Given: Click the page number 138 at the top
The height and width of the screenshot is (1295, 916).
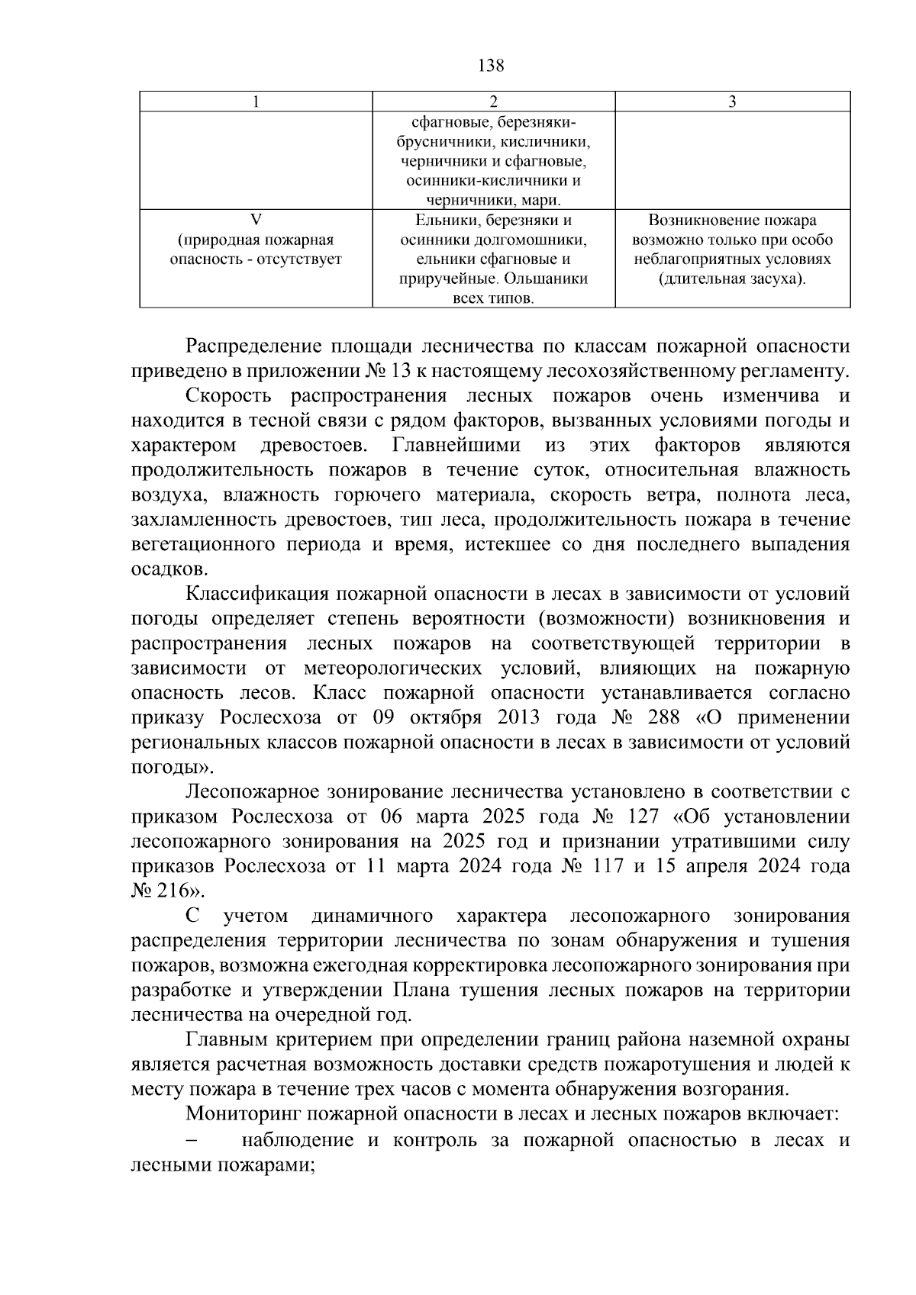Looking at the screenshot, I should [491, 66].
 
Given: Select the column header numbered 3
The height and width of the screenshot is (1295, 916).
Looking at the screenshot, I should [732, 102].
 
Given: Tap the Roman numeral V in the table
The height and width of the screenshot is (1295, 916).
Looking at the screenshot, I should [256, 221].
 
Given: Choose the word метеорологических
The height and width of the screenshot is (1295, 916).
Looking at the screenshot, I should [392, 668].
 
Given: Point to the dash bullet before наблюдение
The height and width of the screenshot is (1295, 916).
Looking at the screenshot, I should [192, 1140].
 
